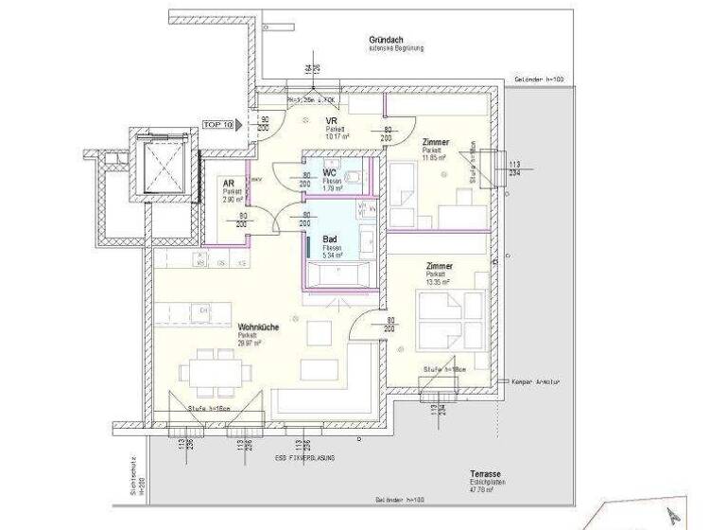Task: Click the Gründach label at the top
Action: click(389, 39)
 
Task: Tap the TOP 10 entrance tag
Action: click(218, 123)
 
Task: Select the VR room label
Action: click(333, 122)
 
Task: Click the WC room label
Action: click(330, 173)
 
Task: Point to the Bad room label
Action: click(330, 239)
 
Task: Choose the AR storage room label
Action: click(228, 185)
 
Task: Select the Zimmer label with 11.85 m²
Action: click(435, 142)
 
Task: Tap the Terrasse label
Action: click(488, 473)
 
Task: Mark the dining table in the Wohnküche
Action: click(215, 370)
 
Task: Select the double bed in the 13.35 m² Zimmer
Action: click(441, 318)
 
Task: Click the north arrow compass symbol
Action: click(672, 515)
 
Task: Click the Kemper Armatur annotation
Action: click(536, 381)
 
